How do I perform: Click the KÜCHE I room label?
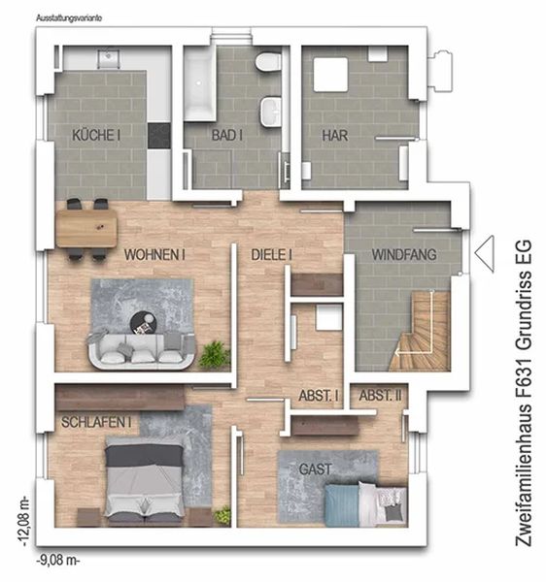tap(96, 135)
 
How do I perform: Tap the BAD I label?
tap(227, 135)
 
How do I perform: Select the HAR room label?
tap(335, 136)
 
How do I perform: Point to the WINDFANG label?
tap(404, 254)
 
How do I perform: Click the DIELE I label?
tap(271, 255)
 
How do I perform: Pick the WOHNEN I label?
tap(154, 255)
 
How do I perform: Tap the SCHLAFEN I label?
tap(96, 422)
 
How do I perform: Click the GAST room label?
tap(315, 469)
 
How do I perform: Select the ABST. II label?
tap(380, 396)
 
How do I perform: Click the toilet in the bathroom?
tap(268, 61)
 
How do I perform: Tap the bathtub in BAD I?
tap(199, 83)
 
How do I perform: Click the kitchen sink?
tap(109, 58)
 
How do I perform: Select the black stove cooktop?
tap(159, 136)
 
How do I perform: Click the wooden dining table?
tap(86, 228)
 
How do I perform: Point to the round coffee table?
tap(144, 323)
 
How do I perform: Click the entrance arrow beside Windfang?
tap(485, 254)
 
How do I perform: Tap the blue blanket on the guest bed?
tap(342, 504)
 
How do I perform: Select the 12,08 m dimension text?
tap(24, 521)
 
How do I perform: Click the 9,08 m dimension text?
tap(57, 561)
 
